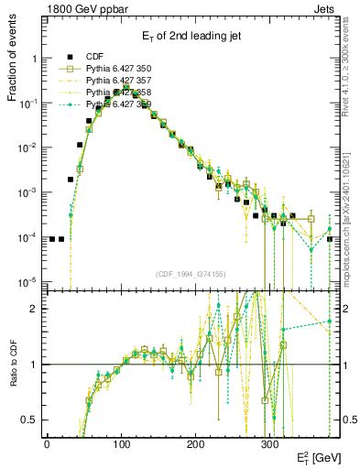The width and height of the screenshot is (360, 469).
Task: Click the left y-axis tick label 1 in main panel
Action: (34, 59)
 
